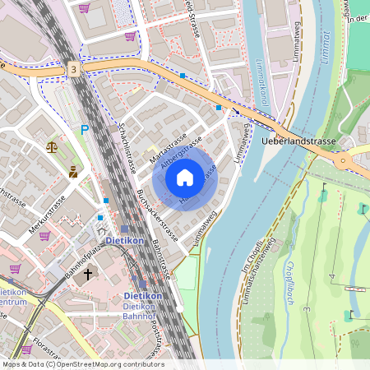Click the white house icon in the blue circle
pos(185,177)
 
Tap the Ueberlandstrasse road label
pos(299,141)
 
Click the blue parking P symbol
pos(85,129)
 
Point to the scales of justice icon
pos(53,148)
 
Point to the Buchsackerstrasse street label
pos(154,212)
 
